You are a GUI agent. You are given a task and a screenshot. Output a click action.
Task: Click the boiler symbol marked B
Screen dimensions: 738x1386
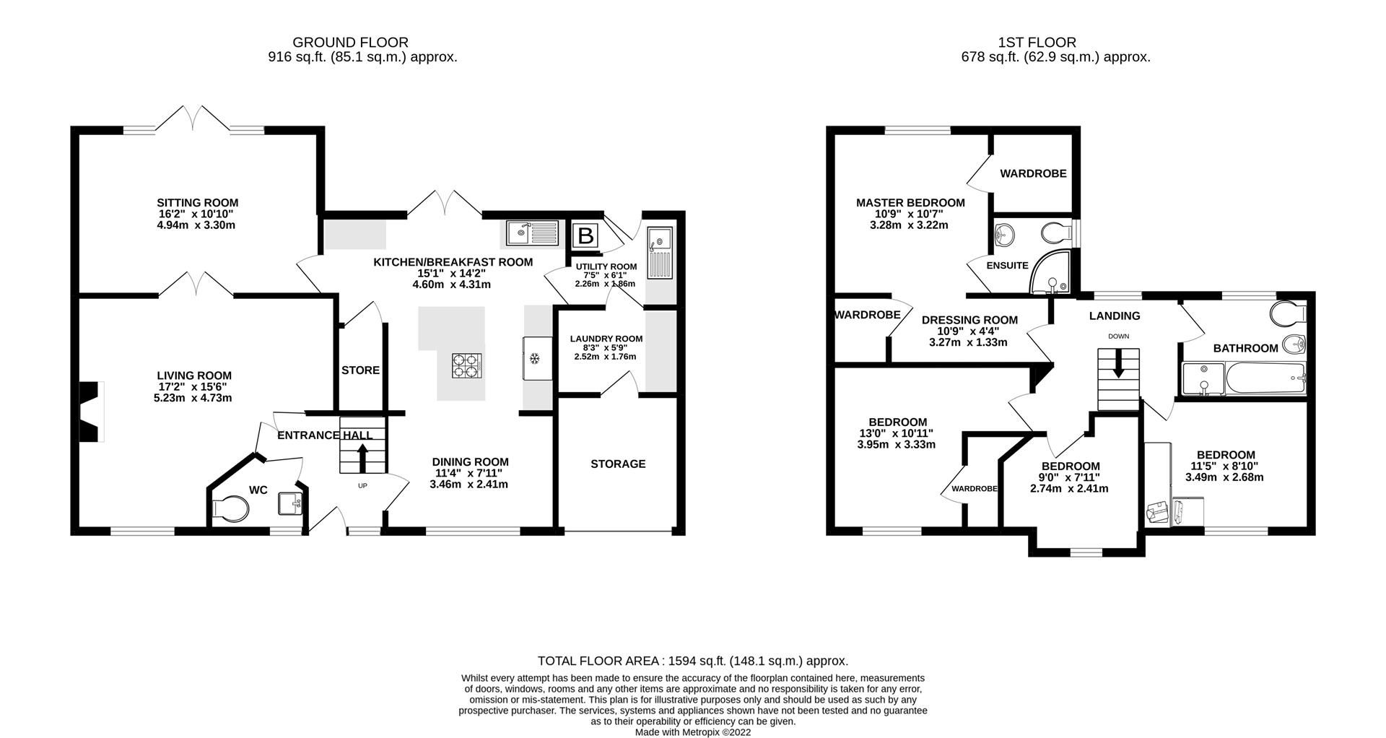(585, 235)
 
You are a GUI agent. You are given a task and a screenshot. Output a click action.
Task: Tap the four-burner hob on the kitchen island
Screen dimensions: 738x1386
(467, 365)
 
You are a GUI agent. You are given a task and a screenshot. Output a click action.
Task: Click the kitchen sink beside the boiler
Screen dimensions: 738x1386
(533, 233)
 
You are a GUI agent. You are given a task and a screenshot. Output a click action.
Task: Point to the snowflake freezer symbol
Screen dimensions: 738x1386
(535, 358)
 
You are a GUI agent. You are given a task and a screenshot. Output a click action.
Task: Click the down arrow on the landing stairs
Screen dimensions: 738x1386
(1118, 363)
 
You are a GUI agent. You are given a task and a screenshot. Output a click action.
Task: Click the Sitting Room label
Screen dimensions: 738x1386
(197, 203)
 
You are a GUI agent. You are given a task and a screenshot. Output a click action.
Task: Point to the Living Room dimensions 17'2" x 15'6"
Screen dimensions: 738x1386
(194, 387)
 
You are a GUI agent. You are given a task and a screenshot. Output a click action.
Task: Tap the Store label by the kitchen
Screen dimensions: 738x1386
(360, 370)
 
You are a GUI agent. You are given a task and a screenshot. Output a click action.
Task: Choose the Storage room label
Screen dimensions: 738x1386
(618, 464)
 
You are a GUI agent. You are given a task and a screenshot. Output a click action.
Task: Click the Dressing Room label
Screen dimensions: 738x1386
(969, 320)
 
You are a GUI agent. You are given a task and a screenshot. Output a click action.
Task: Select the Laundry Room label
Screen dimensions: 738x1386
(606, 339)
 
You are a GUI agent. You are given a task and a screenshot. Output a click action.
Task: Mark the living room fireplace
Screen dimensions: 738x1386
(91, 411)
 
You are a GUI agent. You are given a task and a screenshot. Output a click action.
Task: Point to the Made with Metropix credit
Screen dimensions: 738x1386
(692, 732)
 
